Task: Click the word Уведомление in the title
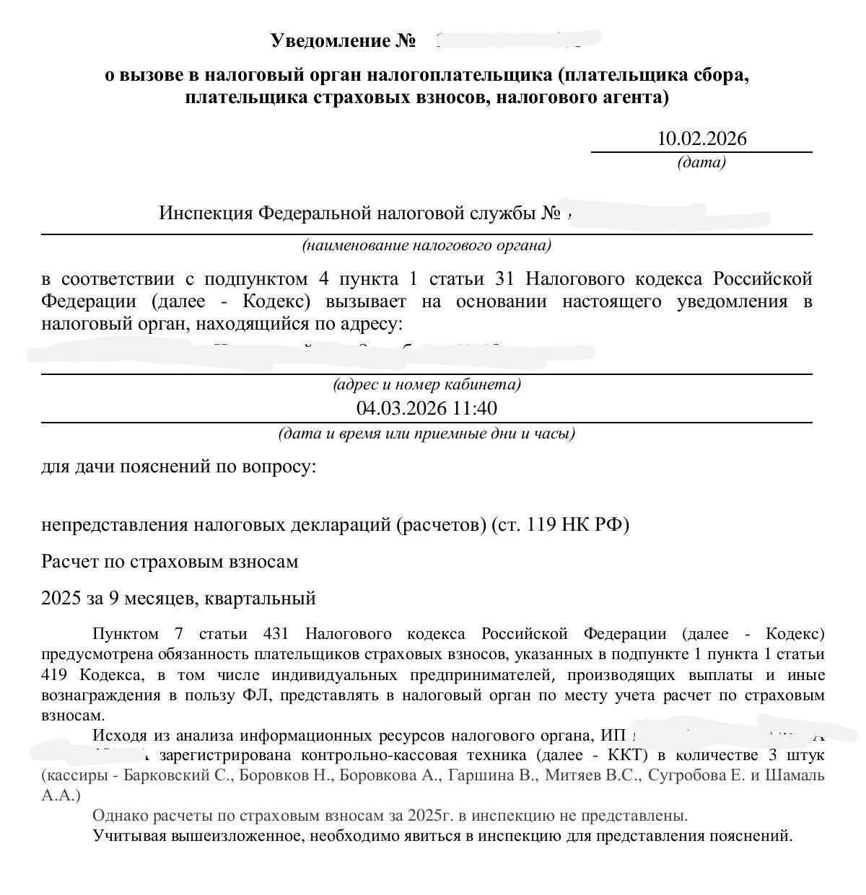tap(331, 40)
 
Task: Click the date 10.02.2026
tap(701, 138)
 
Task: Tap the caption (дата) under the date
tap(701, 162)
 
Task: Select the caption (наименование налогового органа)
tap(427, 246)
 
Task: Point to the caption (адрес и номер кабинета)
tap(427, 384)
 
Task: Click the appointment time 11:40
tap(475, 408)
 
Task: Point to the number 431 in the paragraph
tap(276, 634)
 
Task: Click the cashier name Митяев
tap(567, 776)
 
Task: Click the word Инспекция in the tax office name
tap(206, 213)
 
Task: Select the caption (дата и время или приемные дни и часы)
tap(427, 434)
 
